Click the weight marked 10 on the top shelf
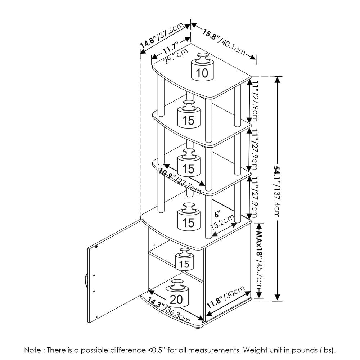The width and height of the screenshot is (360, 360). (x=202, y=67)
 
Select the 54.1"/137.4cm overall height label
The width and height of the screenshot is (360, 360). (x=277, y=192)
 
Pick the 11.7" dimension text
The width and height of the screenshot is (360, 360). (x=170, y=48)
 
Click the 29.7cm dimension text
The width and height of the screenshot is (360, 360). (x=176, y=57)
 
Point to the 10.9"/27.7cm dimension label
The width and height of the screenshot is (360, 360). (x=180, y=181)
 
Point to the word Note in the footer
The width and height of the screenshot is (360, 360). (x=32, y=350)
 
